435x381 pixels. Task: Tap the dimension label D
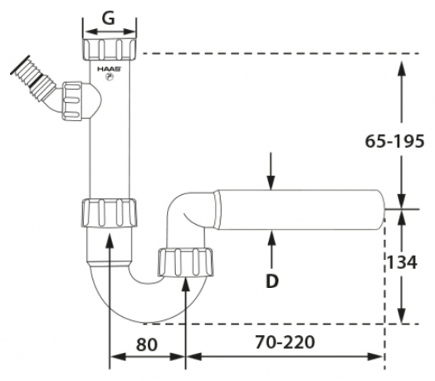coord(271,281)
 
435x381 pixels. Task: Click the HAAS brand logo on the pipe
coord(107,70)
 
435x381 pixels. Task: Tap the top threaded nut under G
coord(110,50)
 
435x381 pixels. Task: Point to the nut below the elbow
coord(186,261)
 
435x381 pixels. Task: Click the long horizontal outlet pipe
coord(297,210)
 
